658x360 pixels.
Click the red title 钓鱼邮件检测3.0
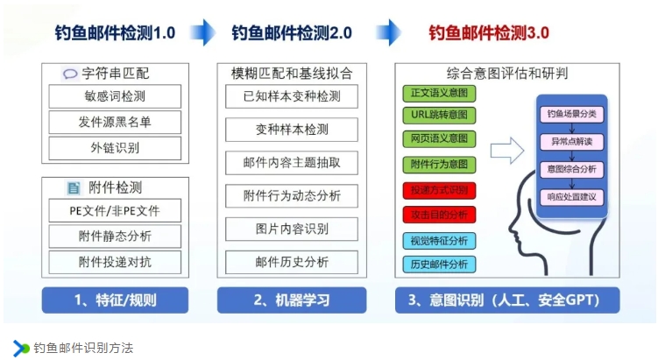pos(489,32)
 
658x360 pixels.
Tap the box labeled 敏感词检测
pos(115,96)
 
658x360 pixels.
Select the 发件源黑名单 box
pos(115,122)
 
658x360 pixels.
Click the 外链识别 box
pos(115,148)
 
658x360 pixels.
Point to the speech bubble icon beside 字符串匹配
pos(70,74)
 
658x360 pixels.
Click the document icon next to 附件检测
pos(74,187)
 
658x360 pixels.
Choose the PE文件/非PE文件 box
pos(115,210)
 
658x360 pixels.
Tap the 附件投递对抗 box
pos(115,262)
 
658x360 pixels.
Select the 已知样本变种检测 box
pos(292,96)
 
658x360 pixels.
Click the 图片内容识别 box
pos(292,229)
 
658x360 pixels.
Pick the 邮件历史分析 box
pos(292,262)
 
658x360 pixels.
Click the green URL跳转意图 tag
pos(439,115)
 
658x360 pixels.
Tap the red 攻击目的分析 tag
pos(439,215)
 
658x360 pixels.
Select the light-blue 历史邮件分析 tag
pos(439,265)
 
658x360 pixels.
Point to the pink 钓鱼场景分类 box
pos(571,114)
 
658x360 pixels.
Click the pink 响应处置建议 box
pos(571,197)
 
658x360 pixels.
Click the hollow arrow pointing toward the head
pos(507,150)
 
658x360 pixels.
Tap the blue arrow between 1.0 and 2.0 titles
pos(203,32)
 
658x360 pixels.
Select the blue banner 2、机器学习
pos(292,300)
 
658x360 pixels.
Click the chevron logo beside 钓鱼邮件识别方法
pos(20,348)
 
